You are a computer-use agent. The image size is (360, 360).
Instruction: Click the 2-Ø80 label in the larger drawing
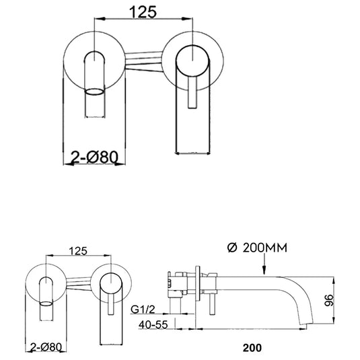click(x=95, y=157)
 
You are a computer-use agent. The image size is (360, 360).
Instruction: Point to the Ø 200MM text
click(x=257, y=248)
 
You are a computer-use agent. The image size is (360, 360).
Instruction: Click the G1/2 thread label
click(x=143, y=310)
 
